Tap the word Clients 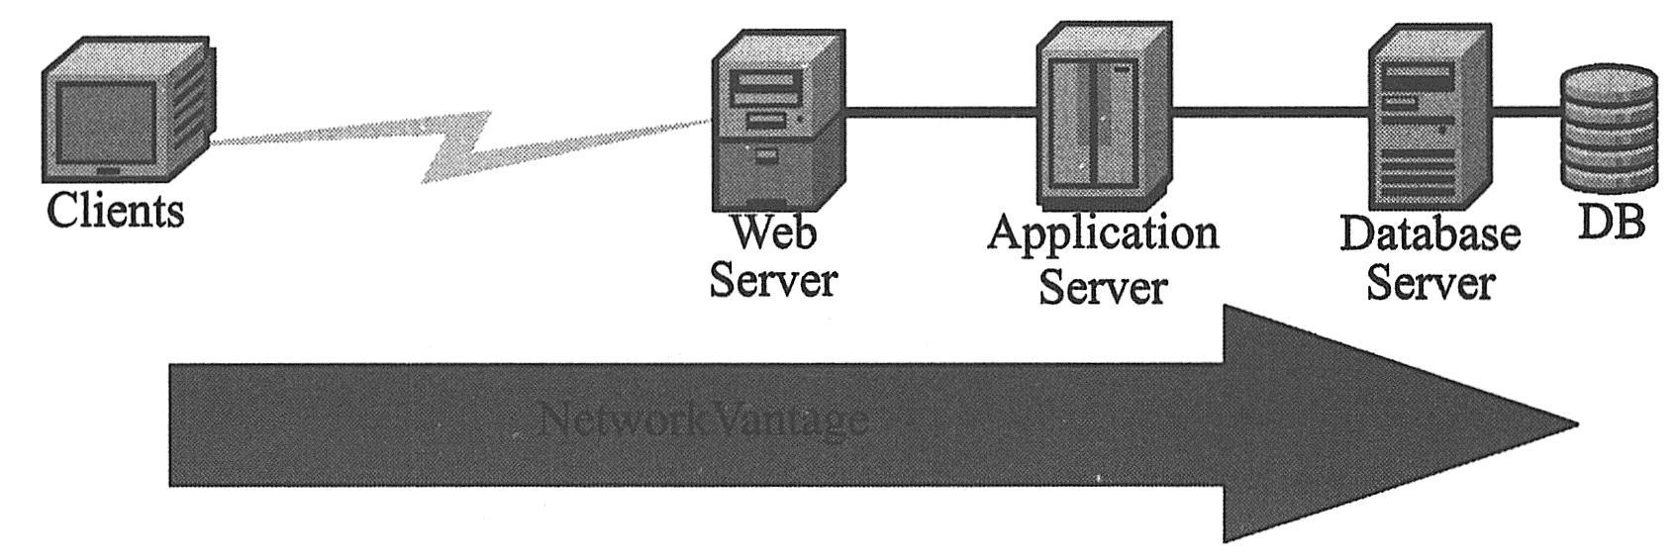point(116,211)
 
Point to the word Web point(774,233)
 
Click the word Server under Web point(774,280)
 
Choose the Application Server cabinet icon point(1101,115)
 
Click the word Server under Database point(1430,283)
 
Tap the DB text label point(1610,222)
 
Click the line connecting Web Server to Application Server point(940,111)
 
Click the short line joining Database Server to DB point(1525,112)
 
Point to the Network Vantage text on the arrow point(704,421)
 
